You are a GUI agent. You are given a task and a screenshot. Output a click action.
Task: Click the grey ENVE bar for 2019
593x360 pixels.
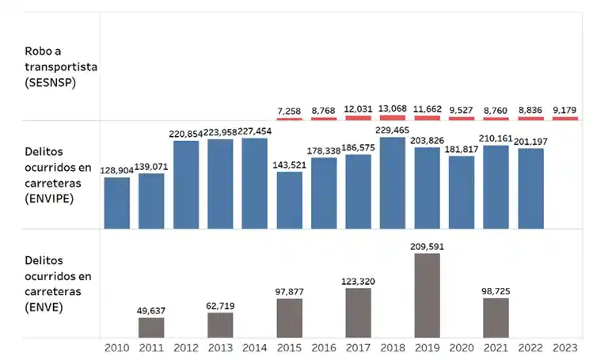(428, 295)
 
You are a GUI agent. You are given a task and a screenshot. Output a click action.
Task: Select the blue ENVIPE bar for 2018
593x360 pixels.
(393, 183)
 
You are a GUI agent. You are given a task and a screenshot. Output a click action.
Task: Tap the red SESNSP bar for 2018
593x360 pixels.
(393, 118)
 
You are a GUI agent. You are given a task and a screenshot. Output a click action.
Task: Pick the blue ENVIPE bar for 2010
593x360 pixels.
(117, 203)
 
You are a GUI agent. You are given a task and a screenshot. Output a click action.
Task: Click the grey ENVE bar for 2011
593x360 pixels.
(151, 328)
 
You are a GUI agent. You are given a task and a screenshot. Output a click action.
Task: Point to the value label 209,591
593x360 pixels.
(428, 246)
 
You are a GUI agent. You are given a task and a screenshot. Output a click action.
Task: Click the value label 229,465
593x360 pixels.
(393, 130)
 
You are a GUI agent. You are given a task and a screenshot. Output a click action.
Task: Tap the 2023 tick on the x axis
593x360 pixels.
(565, 347)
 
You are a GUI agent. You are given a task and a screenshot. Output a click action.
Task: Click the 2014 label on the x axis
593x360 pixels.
(255, 347)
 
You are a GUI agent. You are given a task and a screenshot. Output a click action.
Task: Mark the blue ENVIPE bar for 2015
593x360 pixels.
(290, 200)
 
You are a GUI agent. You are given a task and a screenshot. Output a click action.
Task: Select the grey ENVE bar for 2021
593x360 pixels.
(496, 317)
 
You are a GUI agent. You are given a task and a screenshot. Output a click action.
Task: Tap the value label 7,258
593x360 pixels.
(290, 111)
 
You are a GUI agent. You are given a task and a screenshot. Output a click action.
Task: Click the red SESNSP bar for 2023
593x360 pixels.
(565, 119)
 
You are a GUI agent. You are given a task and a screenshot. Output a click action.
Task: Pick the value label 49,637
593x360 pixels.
(151, 311)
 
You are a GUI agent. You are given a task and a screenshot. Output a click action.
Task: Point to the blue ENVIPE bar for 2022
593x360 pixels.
(530, 188)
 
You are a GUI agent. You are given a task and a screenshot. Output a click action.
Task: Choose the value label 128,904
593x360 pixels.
(117, 170)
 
